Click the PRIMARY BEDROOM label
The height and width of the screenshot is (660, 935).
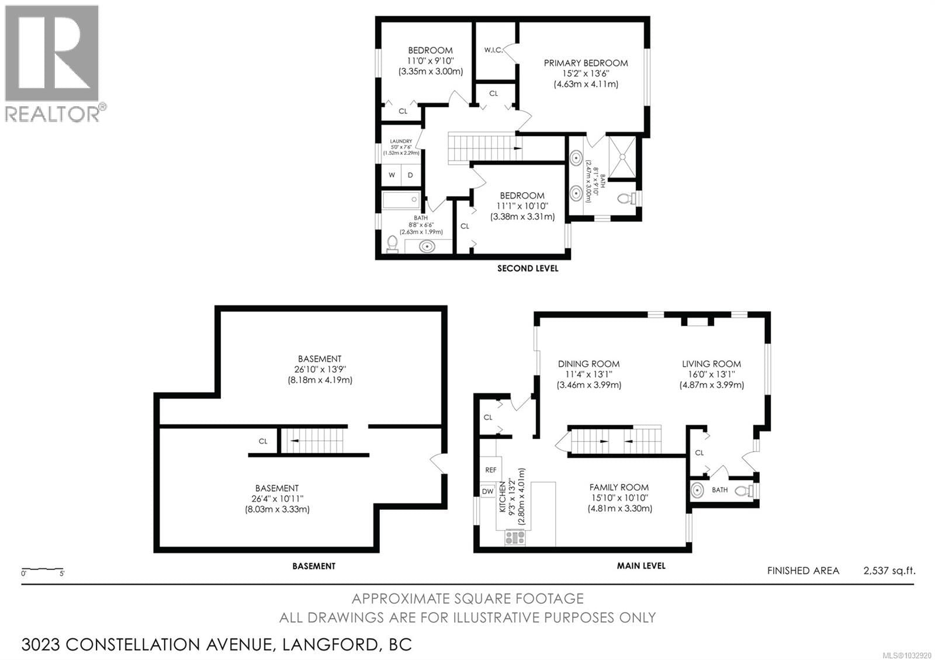586,63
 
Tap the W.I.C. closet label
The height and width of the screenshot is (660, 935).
493,50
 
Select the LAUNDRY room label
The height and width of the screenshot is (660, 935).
401,141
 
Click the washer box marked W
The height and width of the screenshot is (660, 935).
392,175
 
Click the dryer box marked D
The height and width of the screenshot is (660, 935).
411,175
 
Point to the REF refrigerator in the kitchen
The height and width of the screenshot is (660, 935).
490,470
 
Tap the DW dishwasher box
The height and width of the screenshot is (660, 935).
487,491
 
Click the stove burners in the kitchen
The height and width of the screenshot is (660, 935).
515,537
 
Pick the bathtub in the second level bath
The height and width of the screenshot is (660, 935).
401,200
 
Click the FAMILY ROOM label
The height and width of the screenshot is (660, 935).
619,487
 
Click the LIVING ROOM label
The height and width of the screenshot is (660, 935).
711,364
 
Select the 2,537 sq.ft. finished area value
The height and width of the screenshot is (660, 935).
889,571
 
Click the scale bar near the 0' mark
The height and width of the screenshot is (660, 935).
26,569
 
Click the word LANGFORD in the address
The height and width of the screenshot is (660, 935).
330,645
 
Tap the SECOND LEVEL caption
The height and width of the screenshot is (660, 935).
527,269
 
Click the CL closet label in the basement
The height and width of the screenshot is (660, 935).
263,441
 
